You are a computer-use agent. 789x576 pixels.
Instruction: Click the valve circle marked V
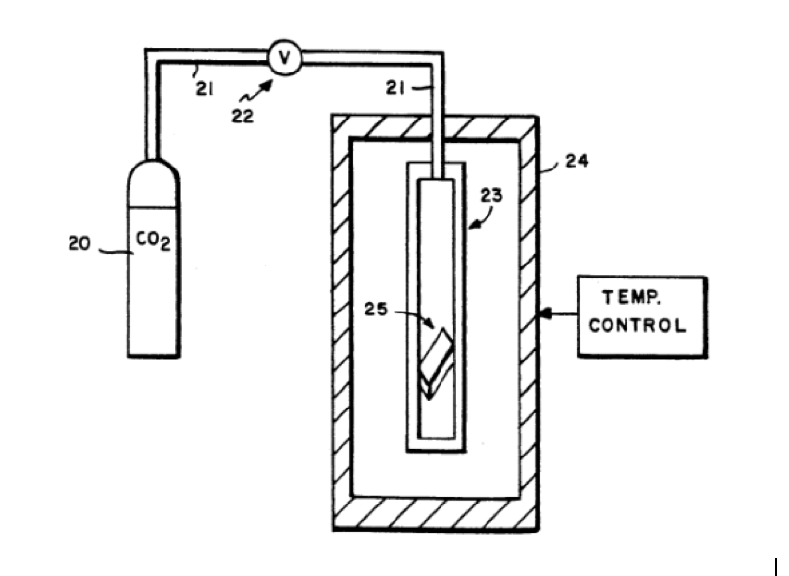(x=285, y=58)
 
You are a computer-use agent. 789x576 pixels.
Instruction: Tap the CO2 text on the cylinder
(x=154, y=241)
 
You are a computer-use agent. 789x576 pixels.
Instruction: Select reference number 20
(x=79, y=244)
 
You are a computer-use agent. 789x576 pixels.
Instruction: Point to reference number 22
(x=243, y=117)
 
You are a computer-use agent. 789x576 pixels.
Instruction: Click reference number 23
(x=491, y=195)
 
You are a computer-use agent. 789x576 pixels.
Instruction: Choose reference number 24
(x=577, y=161)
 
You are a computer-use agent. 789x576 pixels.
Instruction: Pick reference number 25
(x=376, y=310)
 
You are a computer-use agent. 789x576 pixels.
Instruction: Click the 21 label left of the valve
(x=205, y=89)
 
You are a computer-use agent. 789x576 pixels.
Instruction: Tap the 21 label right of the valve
(x=395, y=88)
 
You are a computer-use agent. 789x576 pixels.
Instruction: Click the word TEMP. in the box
(x=631, y=297)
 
